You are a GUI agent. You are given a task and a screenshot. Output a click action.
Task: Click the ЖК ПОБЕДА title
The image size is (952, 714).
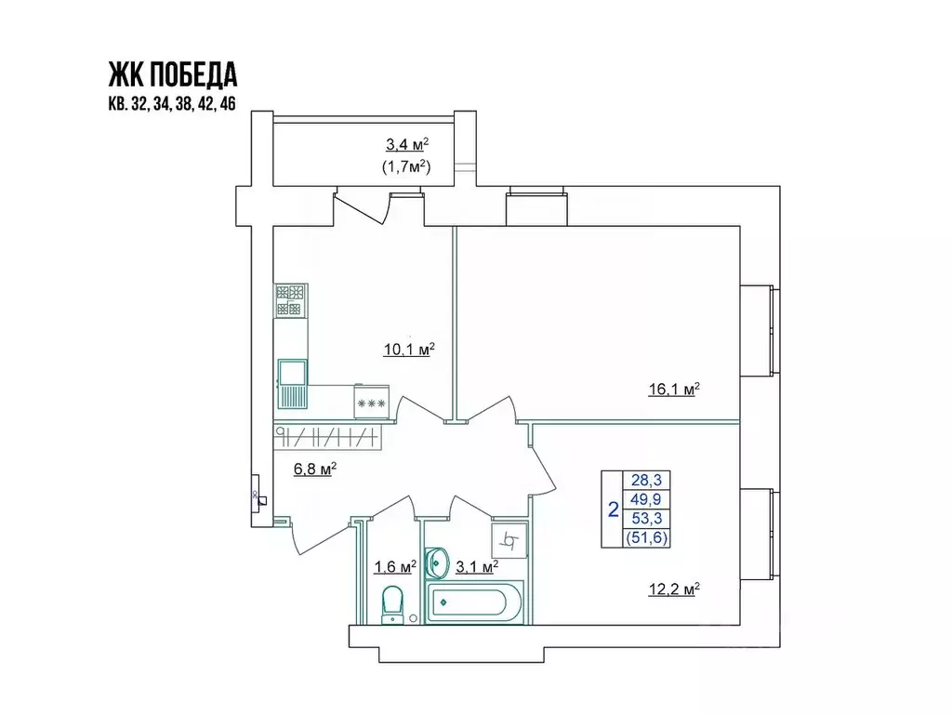pos(173,73)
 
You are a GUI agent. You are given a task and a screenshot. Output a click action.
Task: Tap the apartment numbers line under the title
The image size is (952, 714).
pos(173,104)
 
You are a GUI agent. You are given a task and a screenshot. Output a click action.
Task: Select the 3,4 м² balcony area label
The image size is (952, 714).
pos(407,145)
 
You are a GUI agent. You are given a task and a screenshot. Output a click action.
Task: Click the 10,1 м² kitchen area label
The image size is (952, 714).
pos(409,350)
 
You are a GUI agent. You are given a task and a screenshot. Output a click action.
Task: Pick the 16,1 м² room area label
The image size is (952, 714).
pos(673,390)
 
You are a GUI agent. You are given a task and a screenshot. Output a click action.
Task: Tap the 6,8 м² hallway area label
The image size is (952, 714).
pos(314,469)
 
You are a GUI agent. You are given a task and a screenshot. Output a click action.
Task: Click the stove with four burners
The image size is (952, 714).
pos(290,300)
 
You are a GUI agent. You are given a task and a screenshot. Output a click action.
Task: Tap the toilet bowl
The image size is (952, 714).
pos(393,603)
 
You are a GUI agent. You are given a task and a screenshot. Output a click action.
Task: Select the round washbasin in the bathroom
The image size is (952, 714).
pos(436,563)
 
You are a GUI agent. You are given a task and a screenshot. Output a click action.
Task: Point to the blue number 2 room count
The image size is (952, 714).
pos(613,509)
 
